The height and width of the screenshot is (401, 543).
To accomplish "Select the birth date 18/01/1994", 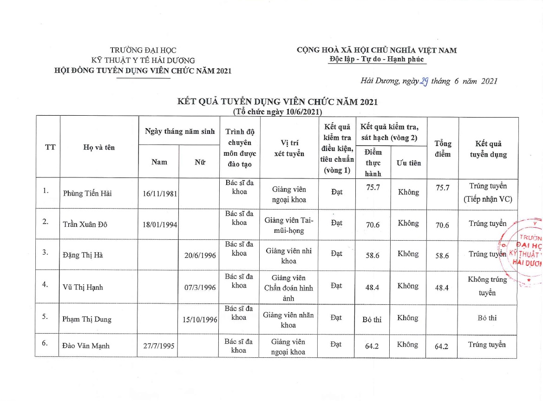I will [x=160, y=225].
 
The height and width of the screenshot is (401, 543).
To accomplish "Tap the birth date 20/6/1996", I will [x=200, y=255].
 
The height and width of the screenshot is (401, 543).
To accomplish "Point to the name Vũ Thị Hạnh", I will [x=83, y=287].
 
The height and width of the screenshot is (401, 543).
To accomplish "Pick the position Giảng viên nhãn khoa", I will [x=288, y=320].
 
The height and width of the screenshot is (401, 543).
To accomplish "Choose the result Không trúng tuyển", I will [x=487, y=286].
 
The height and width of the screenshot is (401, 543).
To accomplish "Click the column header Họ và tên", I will [x=99, y=147].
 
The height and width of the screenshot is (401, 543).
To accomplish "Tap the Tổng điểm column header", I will [x=442, y=149].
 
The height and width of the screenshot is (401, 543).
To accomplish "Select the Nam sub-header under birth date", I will [x=159, y=162].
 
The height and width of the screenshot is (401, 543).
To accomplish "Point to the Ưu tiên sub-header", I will [x=408, y=163].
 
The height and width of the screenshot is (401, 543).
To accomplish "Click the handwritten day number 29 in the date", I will [x=423, y=81].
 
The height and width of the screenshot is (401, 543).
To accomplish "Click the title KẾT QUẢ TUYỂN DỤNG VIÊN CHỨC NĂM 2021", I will [x=277, y=102].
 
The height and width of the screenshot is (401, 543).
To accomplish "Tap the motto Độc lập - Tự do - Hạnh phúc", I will [x=377, y=59].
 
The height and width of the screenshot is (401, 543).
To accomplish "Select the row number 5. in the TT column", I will [x=46, y=316].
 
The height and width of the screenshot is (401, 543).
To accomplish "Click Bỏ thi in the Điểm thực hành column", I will [x=372, y=319].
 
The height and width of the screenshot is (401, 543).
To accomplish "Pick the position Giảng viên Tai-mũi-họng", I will [x=288, y=225].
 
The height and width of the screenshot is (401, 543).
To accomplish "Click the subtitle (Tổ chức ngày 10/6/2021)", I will [x=277, y=112].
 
